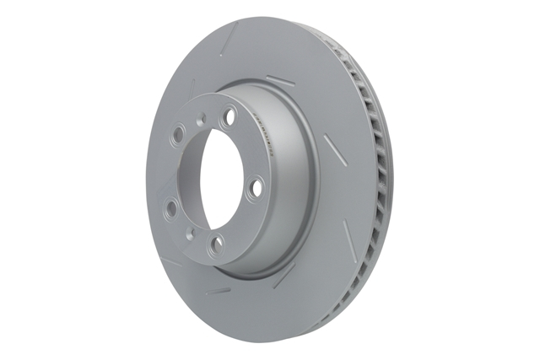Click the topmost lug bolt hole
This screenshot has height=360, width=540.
[226, 123]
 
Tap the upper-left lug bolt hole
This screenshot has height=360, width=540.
[180, 134]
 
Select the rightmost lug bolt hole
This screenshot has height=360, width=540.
[255, 190]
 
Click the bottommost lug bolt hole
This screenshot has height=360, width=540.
[219, 244]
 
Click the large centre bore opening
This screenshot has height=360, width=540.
[211, 181]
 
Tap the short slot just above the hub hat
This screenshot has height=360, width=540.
[279, 81]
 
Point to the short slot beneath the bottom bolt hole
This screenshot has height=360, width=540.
[219, 291]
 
